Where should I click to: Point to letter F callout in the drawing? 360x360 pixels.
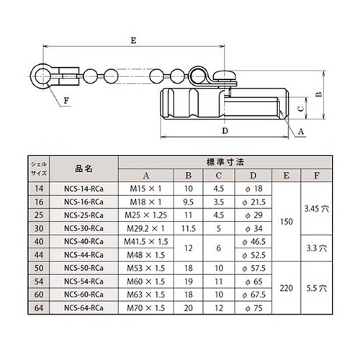(66, 100)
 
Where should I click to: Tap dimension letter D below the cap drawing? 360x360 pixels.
(225, 132)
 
